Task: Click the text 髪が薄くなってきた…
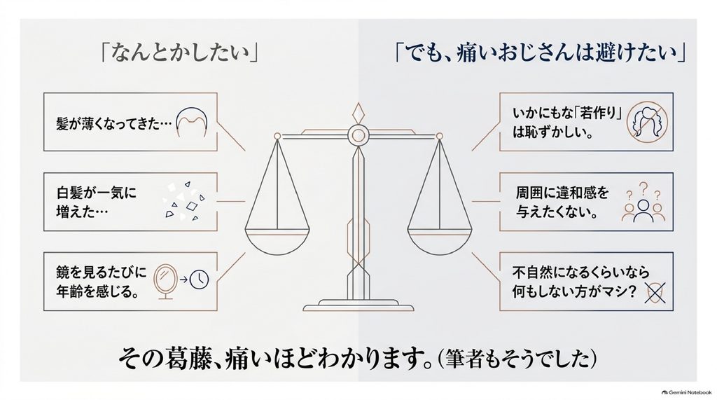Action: [114, 123]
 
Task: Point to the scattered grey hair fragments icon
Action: [184, 201]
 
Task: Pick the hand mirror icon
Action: [165, 281]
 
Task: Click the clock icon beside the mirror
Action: [199, 280]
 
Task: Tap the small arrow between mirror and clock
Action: [183, 280]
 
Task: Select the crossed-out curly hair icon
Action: [647, 122]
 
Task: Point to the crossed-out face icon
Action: [655, 293]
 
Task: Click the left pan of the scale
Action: [277, 242]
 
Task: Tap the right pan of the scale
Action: [440, 242]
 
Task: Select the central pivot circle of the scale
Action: [358, 135]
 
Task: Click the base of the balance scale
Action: [358, 305]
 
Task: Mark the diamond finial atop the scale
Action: [358, 113]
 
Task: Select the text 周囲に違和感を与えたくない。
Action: [562, 202]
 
